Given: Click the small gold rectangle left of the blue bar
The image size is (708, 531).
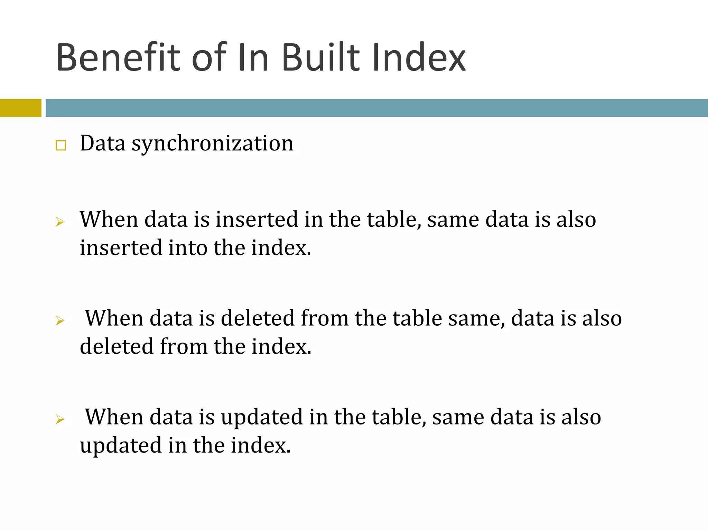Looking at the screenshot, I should point(20,108).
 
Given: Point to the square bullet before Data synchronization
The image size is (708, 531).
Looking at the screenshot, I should point(61,146).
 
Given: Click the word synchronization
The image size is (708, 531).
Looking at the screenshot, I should point(212,143).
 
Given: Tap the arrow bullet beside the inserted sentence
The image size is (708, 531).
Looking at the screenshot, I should point(60,222).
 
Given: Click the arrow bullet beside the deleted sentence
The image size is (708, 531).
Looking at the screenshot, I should point(60,320).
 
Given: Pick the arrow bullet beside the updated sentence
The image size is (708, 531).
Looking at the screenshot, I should point(60,419).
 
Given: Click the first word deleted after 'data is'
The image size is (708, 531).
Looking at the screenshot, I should point(258,318).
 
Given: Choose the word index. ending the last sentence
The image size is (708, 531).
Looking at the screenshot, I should point(261,445).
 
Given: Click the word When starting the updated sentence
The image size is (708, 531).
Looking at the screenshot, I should point(114,417).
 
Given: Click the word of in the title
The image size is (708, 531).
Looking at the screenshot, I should point(209,57).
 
